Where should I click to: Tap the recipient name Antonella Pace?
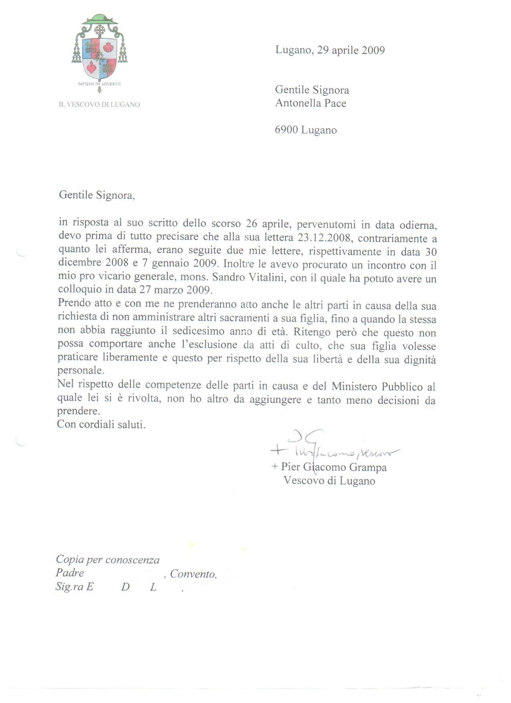point(311,103)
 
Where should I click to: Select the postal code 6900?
point(287,130)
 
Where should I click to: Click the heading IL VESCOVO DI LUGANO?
point(99,105)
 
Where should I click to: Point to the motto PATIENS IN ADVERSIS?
point(99,84)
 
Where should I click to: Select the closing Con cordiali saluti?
point(101,424)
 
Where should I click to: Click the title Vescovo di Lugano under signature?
point(329,481)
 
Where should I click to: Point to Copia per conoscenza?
point(107,560)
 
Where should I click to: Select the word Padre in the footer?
point(70,573)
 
